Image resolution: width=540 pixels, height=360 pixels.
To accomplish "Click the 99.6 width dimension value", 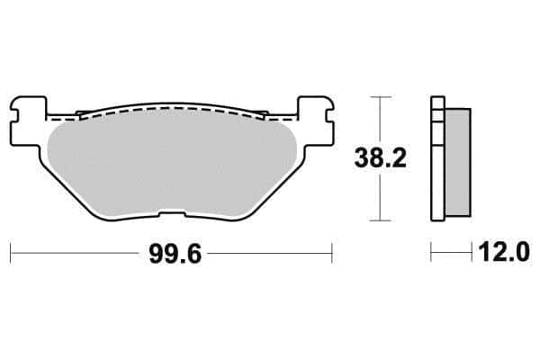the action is pos(175,254).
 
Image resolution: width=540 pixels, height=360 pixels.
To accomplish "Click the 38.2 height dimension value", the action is pos(380,158).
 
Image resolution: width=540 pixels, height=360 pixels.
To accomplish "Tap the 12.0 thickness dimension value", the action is pos(503,252).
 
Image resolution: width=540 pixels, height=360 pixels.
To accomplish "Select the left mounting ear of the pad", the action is pos(28,121).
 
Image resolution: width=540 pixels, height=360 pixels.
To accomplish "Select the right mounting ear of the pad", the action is pos(316,121).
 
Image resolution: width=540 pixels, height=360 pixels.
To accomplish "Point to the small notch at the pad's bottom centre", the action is pos(172,214).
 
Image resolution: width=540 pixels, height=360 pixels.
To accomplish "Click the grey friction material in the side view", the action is pos(458,162).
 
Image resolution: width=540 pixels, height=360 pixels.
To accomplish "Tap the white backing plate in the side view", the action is pos(437,158).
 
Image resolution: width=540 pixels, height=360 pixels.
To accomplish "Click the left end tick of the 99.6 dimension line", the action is pos(11,253).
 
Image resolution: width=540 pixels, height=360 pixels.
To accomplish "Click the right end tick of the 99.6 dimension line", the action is pos(331,253).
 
